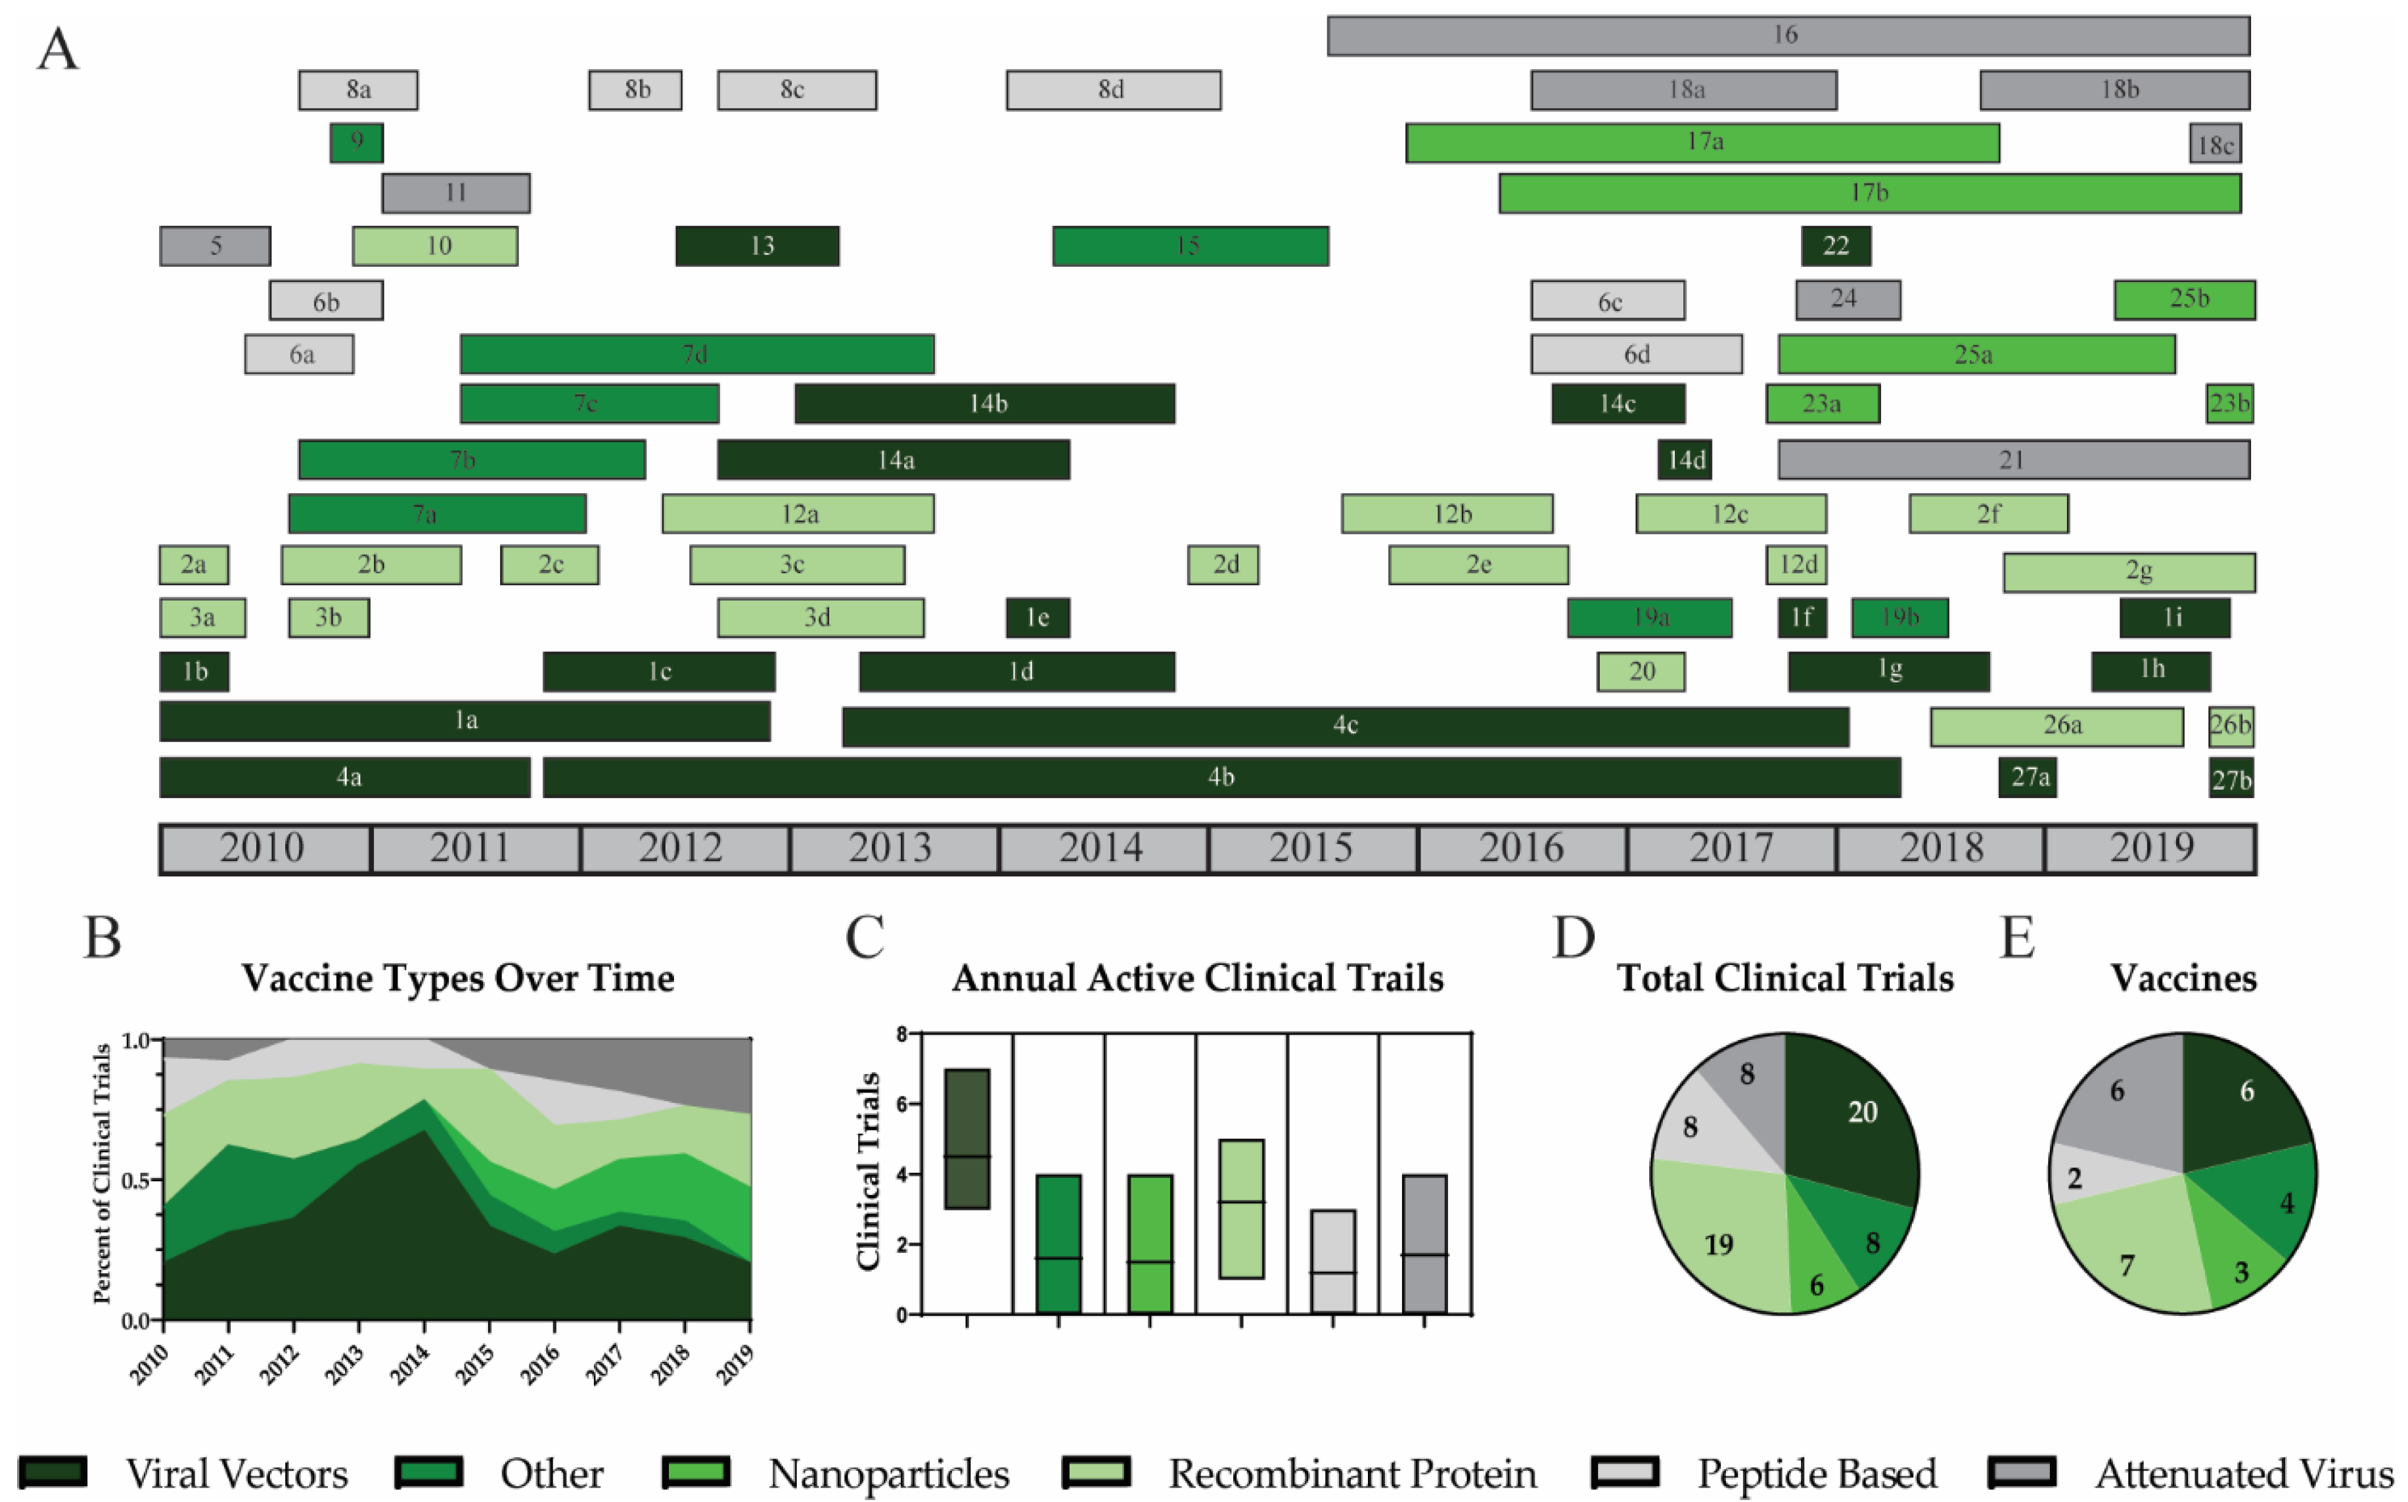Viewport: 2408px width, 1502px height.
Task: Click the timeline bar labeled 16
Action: [x=1787, y=35]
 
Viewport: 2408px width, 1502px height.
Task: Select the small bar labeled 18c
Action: [x=2214, y=144]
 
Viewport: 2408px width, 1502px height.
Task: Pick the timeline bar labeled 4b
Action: [x=1221, y=777]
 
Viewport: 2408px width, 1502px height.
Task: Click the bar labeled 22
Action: [x=1836, y=245]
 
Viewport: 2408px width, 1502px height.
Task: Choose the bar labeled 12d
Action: [x=1796, y=564]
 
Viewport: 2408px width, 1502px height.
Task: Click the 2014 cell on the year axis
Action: [x=1102, y=849]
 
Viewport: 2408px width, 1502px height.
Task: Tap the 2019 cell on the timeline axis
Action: [x=2151, y=849]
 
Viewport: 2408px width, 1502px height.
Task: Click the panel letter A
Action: [x=58, y=50]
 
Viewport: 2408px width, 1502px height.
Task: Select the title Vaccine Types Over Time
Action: [x=458, y=979]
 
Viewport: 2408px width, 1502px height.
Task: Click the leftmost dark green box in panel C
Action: [x=966, y=1138]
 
